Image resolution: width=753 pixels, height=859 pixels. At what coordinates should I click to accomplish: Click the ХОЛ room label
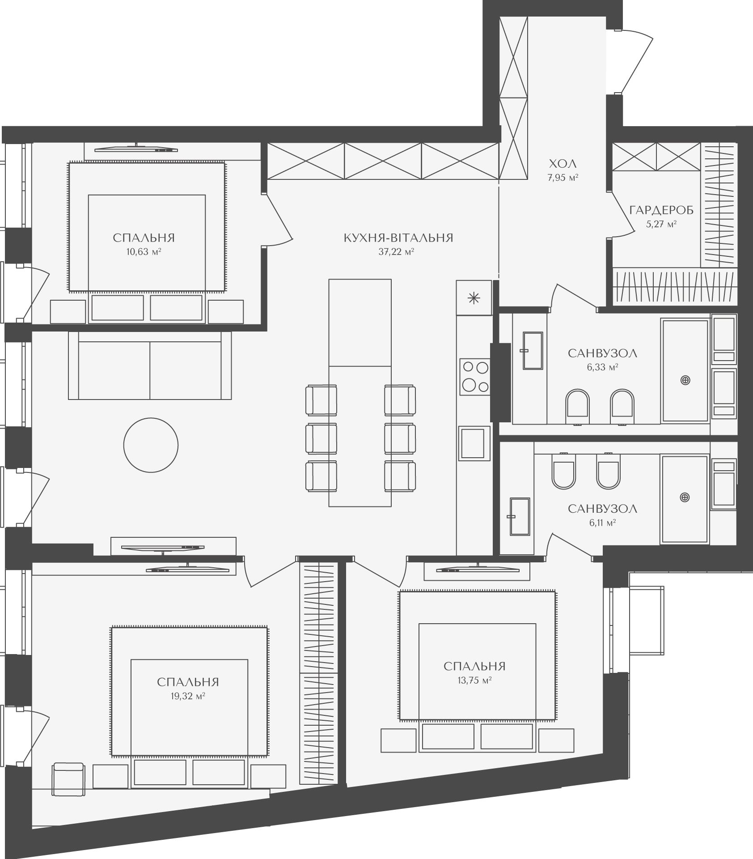[x=563, y=163]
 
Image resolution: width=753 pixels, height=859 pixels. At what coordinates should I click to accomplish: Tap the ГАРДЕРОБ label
[x=661, y=210]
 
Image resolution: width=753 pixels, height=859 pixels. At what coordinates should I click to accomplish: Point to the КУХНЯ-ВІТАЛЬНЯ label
[x=398, y=238]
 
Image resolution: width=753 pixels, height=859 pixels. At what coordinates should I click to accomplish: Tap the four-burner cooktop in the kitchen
[x=474, y=377]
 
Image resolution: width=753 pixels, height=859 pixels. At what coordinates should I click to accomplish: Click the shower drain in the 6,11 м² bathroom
[x=684, y=497]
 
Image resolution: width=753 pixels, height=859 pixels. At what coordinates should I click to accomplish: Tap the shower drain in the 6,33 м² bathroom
[x=685, y=381]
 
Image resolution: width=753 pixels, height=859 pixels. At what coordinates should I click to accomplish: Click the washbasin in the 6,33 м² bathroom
[x=532, y=351]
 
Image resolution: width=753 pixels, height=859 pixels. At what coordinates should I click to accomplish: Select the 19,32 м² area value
[x=187, y=696]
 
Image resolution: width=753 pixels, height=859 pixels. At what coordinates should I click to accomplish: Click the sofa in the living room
[x=150, y=365]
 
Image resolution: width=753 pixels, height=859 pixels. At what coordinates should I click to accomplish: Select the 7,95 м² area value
[x=563, y=178]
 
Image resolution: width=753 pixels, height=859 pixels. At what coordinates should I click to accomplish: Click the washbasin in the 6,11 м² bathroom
[x=520, y=516]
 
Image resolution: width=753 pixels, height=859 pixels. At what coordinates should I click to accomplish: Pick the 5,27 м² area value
[x=661, y=224]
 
